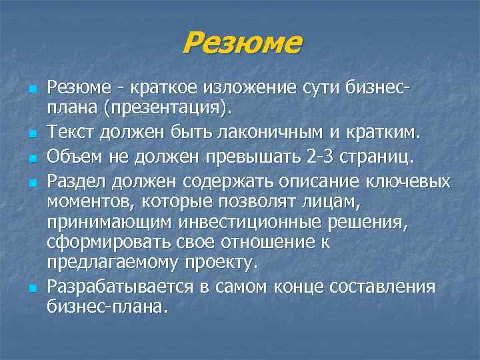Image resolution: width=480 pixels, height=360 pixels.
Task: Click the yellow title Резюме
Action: [241, 45]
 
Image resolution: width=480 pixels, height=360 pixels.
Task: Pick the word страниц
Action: [381, 156]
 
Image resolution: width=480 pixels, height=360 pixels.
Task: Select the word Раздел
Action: [77, 181]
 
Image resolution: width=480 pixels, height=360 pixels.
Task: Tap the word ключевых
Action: [411, 181]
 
